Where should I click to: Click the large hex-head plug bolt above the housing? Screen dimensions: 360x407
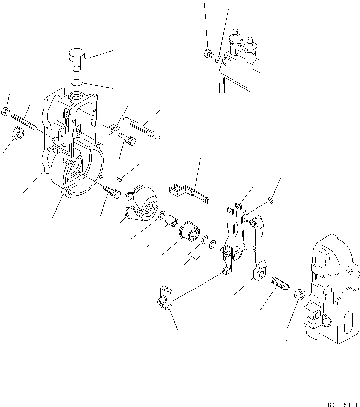tap(77, 59)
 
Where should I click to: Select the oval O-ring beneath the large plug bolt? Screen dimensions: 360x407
tap(77, 83)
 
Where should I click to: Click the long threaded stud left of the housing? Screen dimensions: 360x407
tap(24, 122)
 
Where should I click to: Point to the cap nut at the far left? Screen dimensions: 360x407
tap(18, 133)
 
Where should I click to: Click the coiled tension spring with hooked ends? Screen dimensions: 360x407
tap(142, 128)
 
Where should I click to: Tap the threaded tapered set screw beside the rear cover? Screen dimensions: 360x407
tap(280, 283)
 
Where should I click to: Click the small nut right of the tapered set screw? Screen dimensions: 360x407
tap(299, 294)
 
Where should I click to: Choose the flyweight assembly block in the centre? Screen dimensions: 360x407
tap(142, 203)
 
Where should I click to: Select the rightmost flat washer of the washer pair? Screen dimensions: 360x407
tap(212, 244)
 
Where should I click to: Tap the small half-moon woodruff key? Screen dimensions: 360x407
tap(119, 179)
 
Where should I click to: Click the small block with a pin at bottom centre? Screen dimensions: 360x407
tap(165, 297)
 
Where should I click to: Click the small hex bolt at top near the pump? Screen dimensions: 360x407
tap(208, 53)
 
